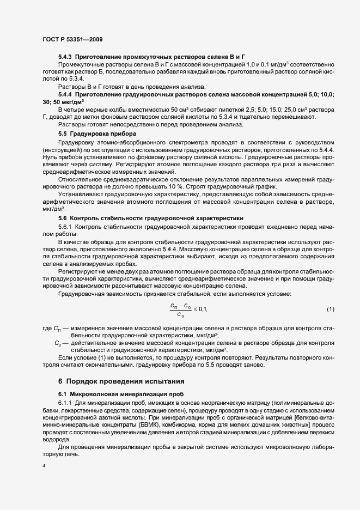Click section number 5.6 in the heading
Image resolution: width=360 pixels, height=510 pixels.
[x=63, y=217]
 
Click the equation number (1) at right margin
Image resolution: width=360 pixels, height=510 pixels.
[x=330, y=309]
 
